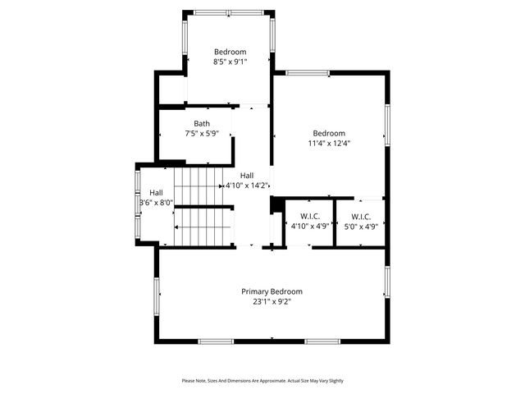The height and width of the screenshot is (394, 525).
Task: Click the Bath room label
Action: coord(201,123)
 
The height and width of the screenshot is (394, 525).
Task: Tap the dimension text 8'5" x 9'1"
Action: coord(230,61)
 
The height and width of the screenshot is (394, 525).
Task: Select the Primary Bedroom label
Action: coord(272,291)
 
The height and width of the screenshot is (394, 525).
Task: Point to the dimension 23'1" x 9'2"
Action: coord(272,302)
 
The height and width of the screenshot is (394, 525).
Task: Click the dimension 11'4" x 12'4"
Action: coord(328,143)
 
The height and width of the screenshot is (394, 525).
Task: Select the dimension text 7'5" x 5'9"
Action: coord(201,133)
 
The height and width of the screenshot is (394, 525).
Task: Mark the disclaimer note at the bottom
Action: coord(262,381)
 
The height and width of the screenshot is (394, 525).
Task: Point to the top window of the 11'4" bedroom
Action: coord(308,73)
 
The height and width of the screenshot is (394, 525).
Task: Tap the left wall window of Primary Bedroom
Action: coord(156,295)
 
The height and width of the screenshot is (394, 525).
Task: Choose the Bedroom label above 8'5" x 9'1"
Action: coord(230,51)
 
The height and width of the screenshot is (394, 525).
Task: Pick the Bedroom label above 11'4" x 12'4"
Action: coord(328,133)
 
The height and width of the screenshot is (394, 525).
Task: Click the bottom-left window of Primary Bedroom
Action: coord(216,341)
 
